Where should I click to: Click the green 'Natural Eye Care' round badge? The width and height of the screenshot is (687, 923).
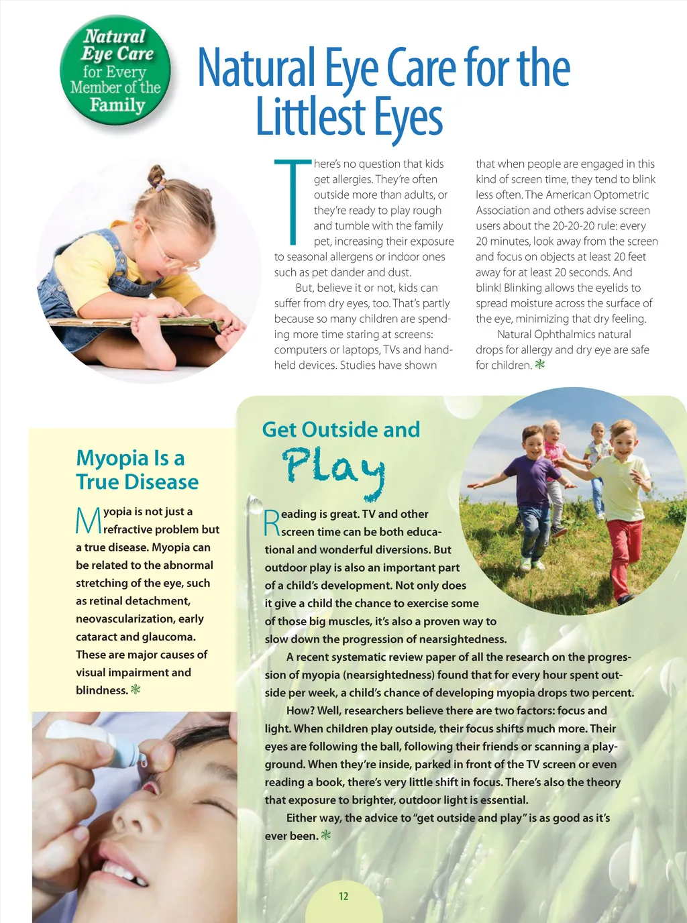pyautogui.click(x=115, y=70)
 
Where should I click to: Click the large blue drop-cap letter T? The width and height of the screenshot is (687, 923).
pyautogui.click(x=293, y=201)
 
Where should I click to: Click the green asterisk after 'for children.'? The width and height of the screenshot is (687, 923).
pyautogui.click(x=539, y=365)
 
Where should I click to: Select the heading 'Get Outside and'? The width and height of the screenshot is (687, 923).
pyautogui.click(x=341, y=429)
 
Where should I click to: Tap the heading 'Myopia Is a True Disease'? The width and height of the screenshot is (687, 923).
pyautogui.click(x=137, y=470)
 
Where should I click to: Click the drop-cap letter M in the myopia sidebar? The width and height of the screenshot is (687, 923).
pyautogui.click(x=88, y=521)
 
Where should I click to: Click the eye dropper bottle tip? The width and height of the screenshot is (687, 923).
pyautogui.click(x=142, y=759)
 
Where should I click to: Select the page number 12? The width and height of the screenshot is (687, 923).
pyautogui.click(x=343, y=896)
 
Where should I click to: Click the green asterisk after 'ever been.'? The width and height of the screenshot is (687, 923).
pyautogui.click(x=326, y=835)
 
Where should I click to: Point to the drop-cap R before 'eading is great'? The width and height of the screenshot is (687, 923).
pyautogui.click(x=272, y=523)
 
